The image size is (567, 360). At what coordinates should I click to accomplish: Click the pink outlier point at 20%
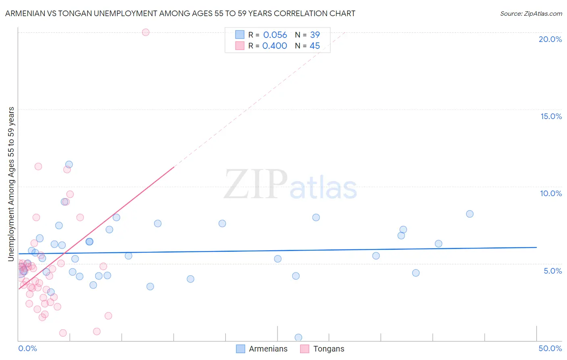coord(146,32)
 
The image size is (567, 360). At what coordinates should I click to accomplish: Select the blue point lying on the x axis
coord(298,337)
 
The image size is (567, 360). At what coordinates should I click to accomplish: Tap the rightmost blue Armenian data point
coord(469,214)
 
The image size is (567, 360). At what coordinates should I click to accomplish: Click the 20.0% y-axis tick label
coord(550,39)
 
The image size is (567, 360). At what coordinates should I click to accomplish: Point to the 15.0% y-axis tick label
coord(551,116)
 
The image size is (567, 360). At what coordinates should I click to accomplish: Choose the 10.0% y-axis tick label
coord(551,193)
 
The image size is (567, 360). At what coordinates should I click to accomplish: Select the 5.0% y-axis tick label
coord(552,271)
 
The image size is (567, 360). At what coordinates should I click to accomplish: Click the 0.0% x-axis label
coord(27,348)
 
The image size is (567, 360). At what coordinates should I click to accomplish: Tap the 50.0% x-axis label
coord(550,348)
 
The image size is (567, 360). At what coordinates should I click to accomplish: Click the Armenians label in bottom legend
coord(268,349)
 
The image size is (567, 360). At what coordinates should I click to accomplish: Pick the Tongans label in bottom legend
coord(329,349)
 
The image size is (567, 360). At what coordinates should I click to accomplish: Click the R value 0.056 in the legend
coord(275,35)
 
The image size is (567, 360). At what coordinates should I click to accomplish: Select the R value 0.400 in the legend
coord(275,46)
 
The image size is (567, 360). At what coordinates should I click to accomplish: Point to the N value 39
coord(315,35)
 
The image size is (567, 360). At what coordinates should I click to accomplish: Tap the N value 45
coord(315,46)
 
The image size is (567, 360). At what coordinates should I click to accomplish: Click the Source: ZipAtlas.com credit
coord(531,13)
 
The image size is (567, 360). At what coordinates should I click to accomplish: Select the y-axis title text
coord(11,184)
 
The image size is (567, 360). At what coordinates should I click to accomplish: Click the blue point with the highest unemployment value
coord(69,164)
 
